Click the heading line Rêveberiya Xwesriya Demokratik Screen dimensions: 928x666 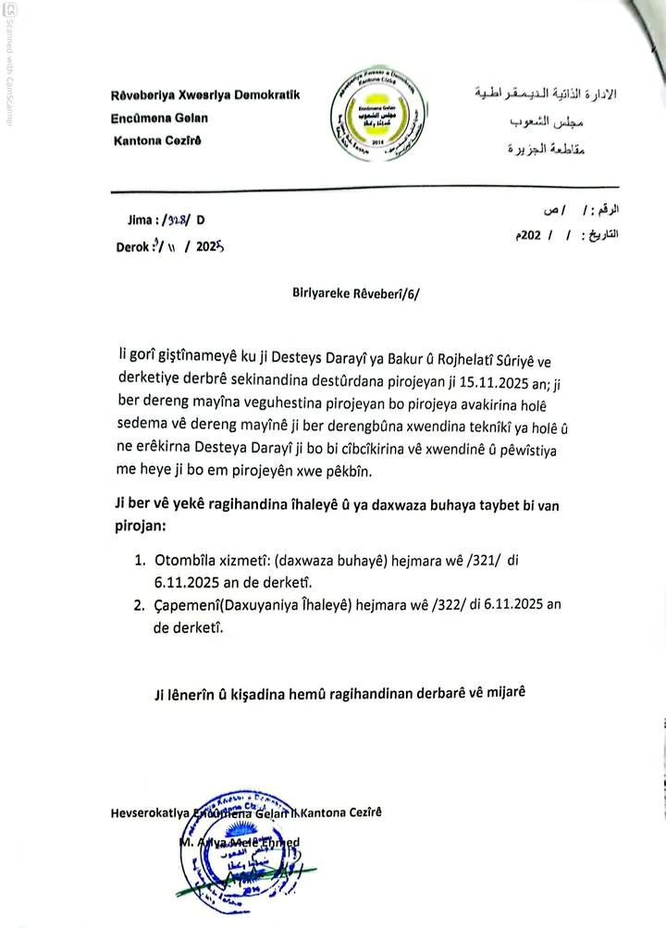(x=204, y=95)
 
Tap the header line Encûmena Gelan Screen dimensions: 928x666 (x=159, y=118)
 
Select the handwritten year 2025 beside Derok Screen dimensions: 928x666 (x=211, y=247)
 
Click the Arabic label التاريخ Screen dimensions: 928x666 (x=600, y=236)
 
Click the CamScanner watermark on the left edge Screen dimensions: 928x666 (x=9, y=65)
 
